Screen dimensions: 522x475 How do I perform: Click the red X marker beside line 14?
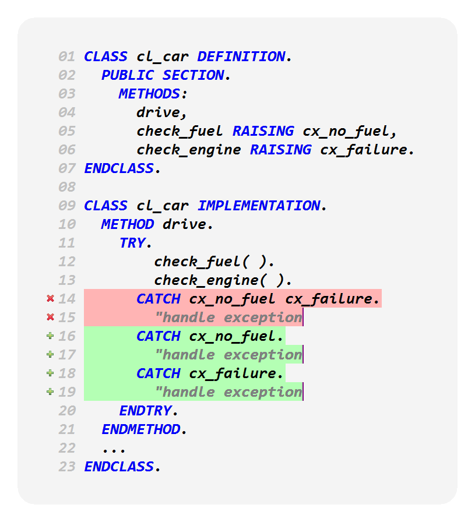pyautogui.click(x=50, y=299)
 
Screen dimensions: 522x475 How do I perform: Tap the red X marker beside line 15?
pyautogui.click(x=50, y=318)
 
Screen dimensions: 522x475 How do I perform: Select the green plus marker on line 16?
pyautogui.click(x=50, y=336)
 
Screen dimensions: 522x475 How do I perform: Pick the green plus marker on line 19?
pyautogui.click(x=50, y=392)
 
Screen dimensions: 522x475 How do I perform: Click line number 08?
pyautogui.click(x=67, y=187)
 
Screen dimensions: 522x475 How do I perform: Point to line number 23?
pyautogui.click(x=67, y=467)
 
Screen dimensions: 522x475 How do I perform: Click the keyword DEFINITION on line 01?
pyautogui.click(x=241, y=57)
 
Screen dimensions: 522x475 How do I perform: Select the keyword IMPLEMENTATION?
pyautogui.click(x=259, y=206)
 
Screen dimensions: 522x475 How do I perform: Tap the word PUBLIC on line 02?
pyautogui.click(x=128, y=75)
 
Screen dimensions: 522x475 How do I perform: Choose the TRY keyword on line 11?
pyautogui.click(x=132, y=243)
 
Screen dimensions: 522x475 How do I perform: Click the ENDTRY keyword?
pyautogui.click(x=145, y=411)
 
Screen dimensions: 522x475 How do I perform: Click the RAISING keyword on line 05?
pyautogui.click(x=263, y=131)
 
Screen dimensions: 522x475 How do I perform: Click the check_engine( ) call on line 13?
pyautogui.click(x=223, y=280)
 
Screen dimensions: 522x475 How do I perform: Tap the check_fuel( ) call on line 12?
pyautogui.click(x=214, y=262)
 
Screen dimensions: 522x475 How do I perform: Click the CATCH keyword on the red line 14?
pyautogui.click(x=159, y=299)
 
